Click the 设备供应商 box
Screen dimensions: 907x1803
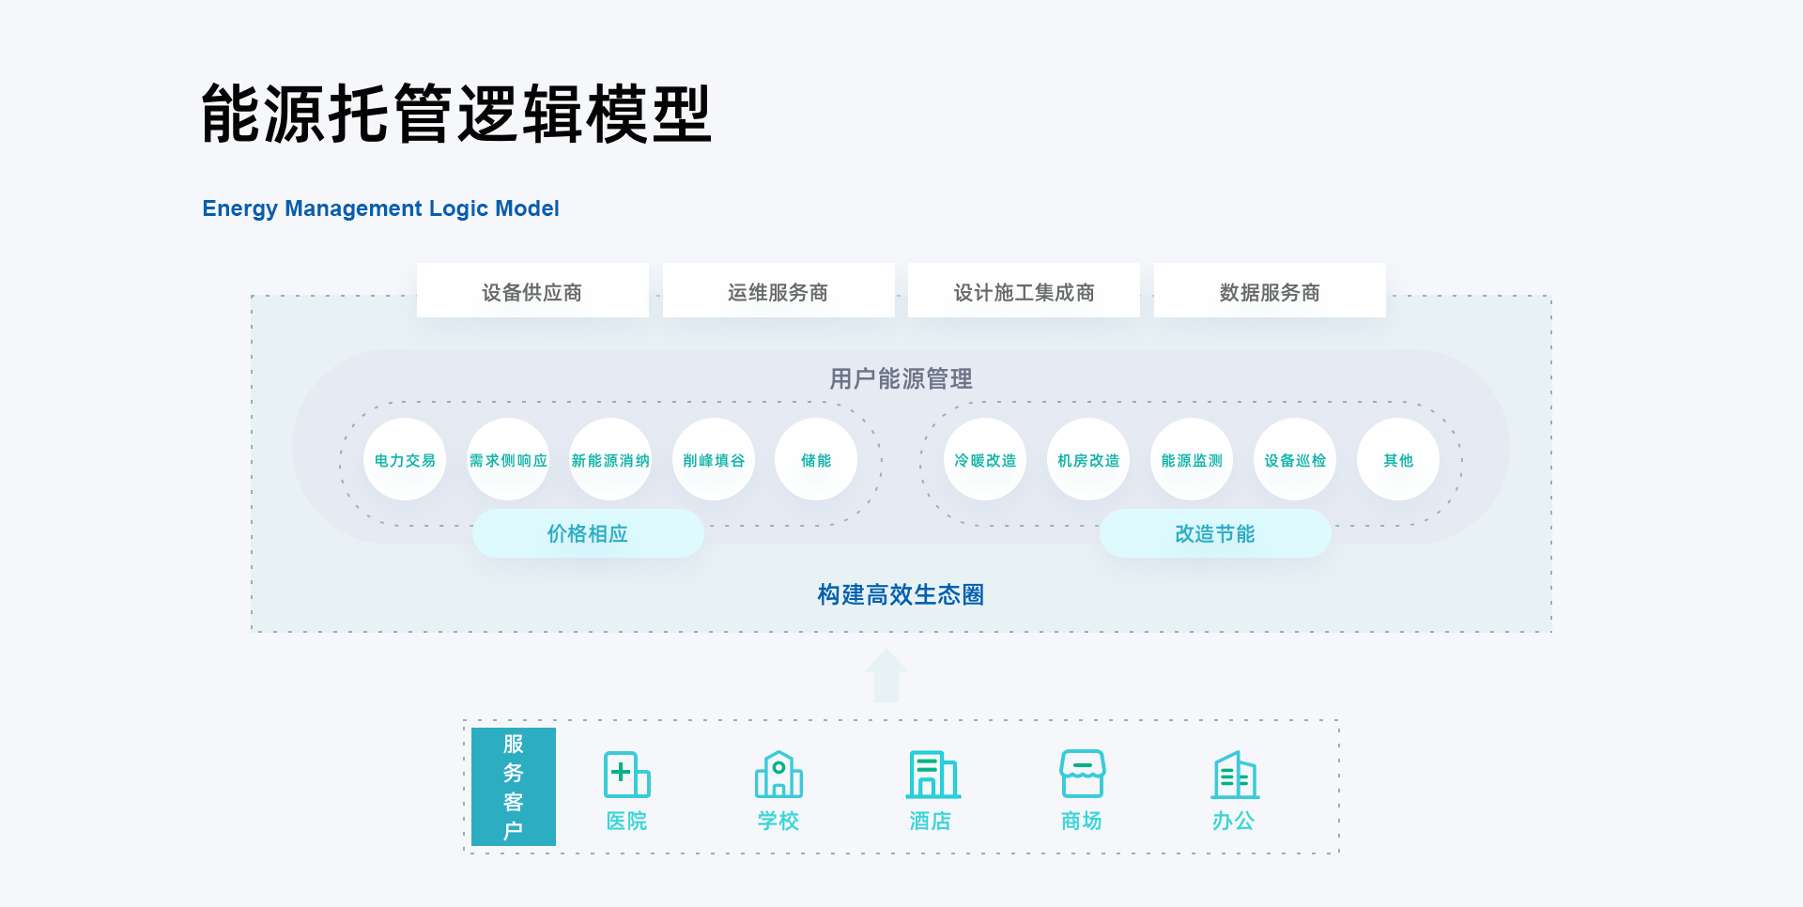tap(532, 291)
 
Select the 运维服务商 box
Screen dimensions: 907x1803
tap(778, 291)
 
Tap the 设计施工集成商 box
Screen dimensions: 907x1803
tap(1024, 291)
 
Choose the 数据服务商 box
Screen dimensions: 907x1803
tap(1270, 291)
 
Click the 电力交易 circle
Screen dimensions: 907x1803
tap(405, 459)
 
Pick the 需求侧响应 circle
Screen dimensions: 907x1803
tap(508, 459)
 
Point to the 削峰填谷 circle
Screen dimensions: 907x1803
tap(714, 459)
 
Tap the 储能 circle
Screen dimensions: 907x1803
tap(816, 459)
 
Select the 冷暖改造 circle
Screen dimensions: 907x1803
tap(985, 459)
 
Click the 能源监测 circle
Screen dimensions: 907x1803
tap(1192, 459)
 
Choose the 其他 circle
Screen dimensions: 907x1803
tap(1398, 459)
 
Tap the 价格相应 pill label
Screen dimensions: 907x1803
tap(588, 533)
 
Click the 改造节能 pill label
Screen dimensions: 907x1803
tap(1215, 533)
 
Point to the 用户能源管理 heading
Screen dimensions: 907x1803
tap(901, 378)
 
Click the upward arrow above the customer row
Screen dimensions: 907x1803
tap(886, 675)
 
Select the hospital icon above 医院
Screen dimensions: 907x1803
tap(626, 775)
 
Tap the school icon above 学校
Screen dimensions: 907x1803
tap(778, 775)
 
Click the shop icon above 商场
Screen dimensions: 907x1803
tap(1082, 774)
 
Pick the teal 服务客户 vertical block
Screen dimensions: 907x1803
tap(514, 787)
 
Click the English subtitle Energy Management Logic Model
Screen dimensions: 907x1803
tap(380, 208)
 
